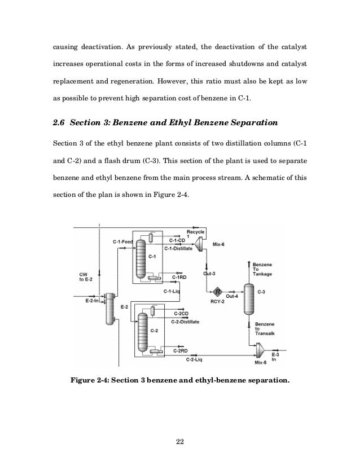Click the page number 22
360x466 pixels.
pos(180,441)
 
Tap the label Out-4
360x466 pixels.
pos(232,296)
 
